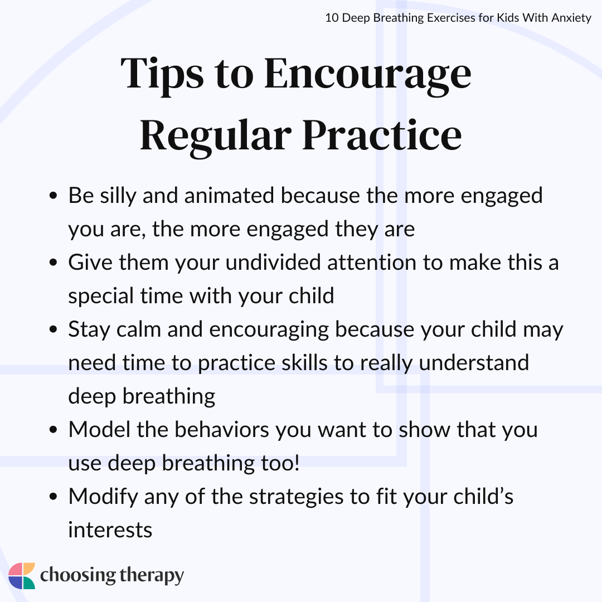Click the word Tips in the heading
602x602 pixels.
click(162, 75)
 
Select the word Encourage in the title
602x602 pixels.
click(368, 75)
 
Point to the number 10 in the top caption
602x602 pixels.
click(332, 18)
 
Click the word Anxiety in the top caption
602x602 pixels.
click(571, 18)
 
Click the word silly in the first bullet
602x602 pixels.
click(118, 196)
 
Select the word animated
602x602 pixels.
click(229, 196)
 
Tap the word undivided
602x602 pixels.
click(273, 263)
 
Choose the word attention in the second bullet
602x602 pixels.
click(372, 263)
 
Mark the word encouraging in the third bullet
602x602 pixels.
click(269, 330)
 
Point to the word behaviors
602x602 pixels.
click(222, 430)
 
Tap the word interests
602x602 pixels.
click(110, 530)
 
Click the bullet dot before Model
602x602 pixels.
click(54, 430)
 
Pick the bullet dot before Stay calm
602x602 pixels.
click(54, 329)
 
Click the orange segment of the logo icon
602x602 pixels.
click(29, 569)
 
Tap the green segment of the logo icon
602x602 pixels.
click(28, 582)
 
